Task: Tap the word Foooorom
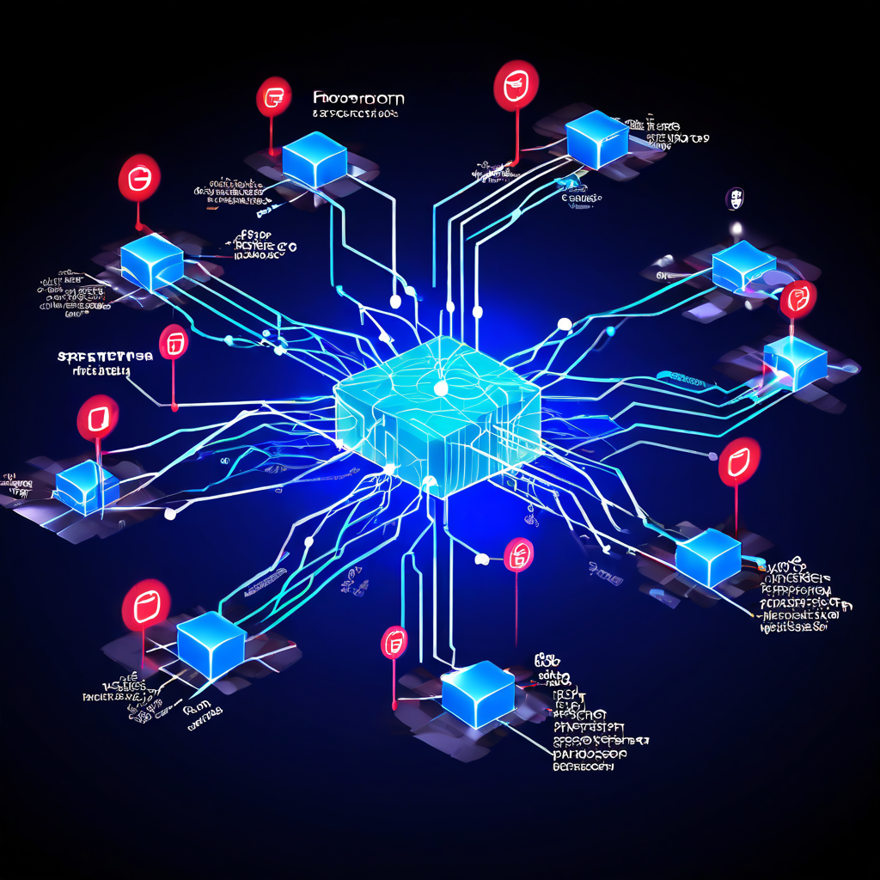tap(358, 98)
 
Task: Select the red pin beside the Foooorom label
tap(274, 96)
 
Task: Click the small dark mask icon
tap(736, 199)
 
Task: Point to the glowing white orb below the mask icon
tap(736, 228)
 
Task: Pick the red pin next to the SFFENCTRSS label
tap(174, 342)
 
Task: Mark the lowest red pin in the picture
tap(394, 642)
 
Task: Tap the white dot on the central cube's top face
tap(441, 388)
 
